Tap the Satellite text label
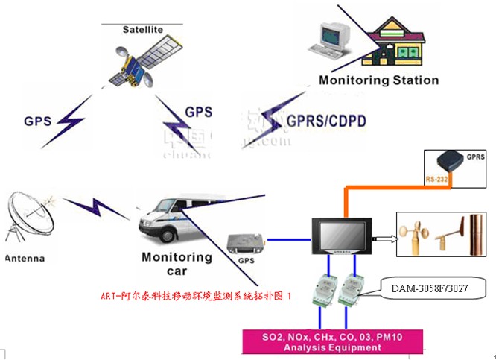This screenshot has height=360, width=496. [x=142, y=30]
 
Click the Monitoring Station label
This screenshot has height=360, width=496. [x=378, y=80]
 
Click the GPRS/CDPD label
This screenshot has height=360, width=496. [x=326, y=120]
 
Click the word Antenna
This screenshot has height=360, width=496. [x=25, y=259]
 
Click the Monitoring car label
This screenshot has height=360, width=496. [x=177, y=264]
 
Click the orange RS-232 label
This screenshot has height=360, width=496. [x=436, y=180]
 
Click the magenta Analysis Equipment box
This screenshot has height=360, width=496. [x=332, y=342]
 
